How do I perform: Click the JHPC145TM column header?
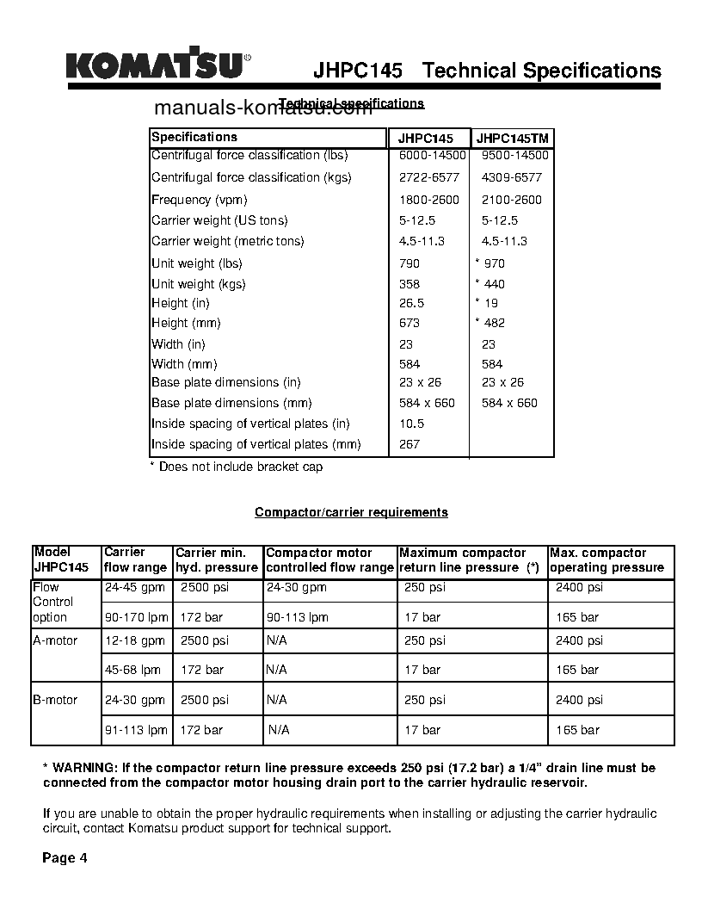(x=513, y=139)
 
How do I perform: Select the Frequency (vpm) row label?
(x=200, y=200)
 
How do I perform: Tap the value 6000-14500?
(x=433, y=156)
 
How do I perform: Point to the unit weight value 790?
(x=409, y=263)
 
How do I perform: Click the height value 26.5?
(x=411, y=303)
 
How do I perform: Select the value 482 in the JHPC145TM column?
(x=494, y=323)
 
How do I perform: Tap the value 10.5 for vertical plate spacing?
(x=411, y=424)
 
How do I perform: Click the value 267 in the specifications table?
(x=409, y=444)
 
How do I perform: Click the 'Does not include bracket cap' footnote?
(x=237, y=467)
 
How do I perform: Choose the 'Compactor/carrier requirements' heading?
(x=351, y=512)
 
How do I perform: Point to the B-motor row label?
(x=55, y=700)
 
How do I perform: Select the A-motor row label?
(x=55, y=640)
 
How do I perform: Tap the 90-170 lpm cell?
(x=136, y=617)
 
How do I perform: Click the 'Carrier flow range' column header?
(x=135, y=560)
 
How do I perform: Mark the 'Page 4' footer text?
(x=65, y=858)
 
